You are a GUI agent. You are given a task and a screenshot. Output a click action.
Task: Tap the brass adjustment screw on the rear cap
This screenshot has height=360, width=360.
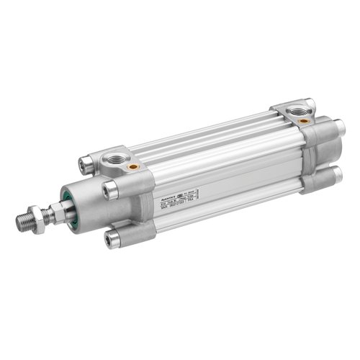[305, 122]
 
